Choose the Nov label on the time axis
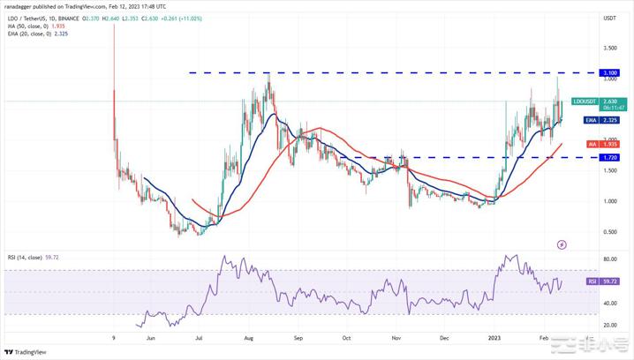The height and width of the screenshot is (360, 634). pos(396,336)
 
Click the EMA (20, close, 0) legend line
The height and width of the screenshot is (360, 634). pos(37,35)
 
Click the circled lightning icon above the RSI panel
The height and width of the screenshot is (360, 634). pos(562,244)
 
